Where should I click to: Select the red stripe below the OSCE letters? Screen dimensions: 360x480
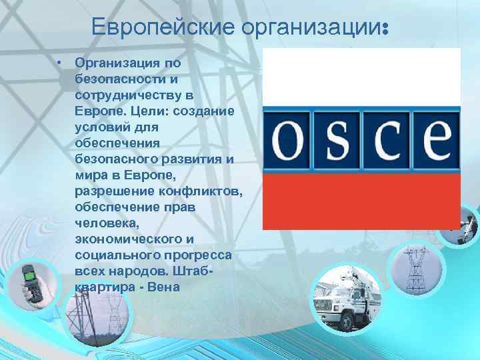[361, 200]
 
